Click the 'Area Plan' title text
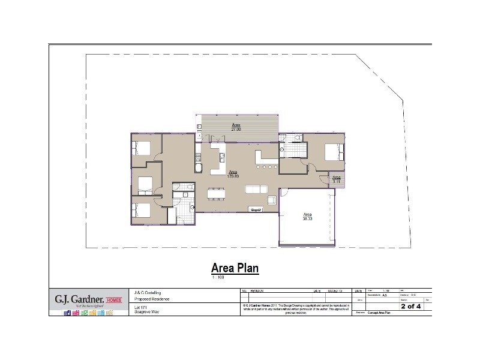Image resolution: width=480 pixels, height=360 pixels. pyautogui.click(x=235, y=268)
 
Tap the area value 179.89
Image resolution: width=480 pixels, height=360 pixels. pyautogui.click(x=233, y=176)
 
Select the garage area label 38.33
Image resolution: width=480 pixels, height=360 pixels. pyautogui.click(x=307, y=220)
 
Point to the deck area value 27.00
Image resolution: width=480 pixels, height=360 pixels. pyautogui.click(x=236, y=129)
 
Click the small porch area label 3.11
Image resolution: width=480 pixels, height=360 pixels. pyautogui.click(x=337, y=180)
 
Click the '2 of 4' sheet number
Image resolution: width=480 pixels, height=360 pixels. pyautogui.click(x=411, y=306)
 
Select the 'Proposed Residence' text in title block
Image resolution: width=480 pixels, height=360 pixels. pyautogui.click(x=153, y=299)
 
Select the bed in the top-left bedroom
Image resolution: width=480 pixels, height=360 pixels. pyautogui.click(x=143, y=148)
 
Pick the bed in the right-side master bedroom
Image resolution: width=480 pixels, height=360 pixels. pyautogui.click(x=334, y=152)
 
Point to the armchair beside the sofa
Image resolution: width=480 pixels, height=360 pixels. pyautogui.click(x=272, y=200)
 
